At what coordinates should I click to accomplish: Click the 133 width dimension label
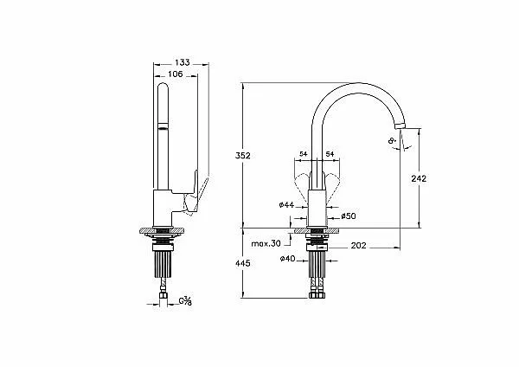point(183,62)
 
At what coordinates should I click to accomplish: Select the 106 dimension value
point(176,74)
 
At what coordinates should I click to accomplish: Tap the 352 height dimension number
point(243,155)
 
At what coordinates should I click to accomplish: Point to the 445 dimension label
point(243,263)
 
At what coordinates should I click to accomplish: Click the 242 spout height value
point(419,178)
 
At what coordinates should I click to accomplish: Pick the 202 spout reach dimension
point(359,246)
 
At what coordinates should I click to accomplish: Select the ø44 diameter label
point(286,205)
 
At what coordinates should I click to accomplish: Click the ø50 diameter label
point(349,216)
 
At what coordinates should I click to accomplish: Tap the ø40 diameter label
point(288,259)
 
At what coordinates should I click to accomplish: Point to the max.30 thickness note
point(266,244)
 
